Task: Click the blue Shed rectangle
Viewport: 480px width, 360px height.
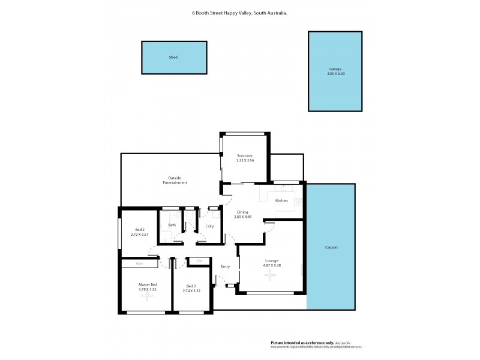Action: [174, 58]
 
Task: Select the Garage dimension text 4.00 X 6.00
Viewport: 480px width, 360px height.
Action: [335, 74]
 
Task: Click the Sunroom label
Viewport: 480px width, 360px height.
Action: [244, 156]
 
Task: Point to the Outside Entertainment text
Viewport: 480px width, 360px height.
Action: [175, 180]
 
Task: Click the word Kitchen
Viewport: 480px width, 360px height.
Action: [281, 200]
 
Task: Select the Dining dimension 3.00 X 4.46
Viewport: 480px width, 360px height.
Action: [242, 217]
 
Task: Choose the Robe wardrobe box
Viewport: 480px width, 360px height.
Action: [140, 263]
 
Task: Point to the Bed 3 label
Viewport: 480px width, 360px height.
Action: [191, 286]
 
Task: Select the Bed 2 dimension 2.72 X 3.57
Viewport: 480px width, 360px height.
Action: [139, 234]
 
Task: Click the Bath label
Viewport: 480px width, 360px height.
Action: [172, 225]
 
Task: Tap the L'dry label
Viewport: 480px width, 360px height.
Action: [210, 226]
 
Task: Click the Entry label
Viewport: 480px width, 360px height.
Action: [226, 266]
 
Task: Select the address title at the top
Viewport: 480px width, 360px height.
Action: [239, 12]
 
